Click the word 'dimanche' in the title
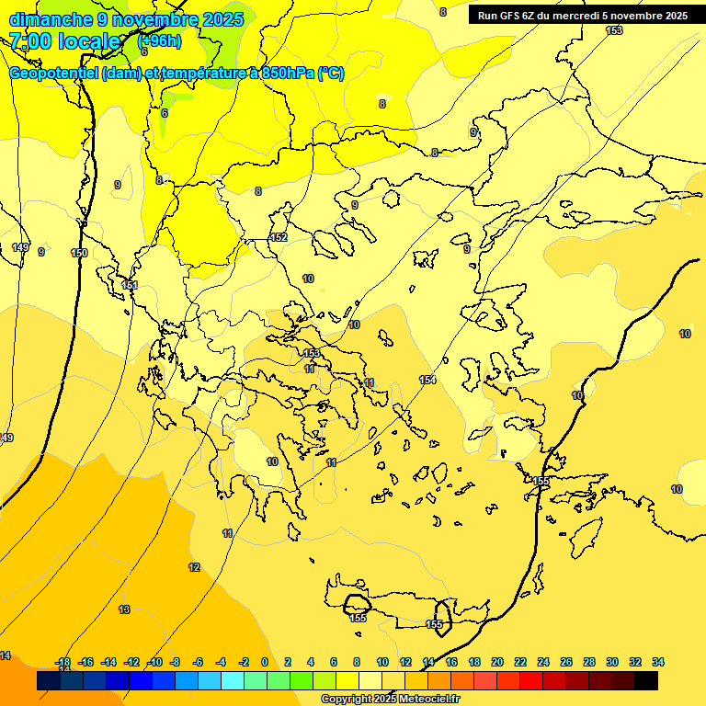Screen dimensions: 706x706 tap(45, 18)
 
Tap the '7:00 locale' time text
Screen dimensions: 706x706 tap(64, 41)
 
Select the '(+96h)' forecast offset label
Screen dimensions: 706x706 tap(159, 40)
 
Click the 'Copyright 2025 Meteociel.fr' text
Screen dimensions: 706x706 tap(390, 699)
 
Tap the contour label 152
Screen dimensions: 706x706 tap(279, 238)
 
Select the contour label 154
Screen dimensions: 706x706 tap(427, 380)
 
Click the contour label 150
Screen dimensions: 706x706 tap(80, 253)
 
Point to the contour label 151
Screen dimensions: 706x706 tap(130, 285)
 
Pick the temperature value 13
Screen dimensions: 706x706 tap(124, 609)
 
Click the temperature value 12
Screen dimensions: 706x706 tap(194, 567)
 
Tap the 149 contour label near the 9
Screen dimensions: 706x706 tap(20, 247)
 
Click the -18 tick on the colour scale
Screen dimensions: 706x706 tap(63, 662)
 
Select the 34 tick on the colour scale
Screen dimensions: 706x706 tap(658, 662)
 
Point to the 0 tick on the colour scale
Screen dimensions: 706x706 tap(265, 662)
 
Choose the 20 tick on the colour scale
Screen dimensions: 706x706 tap(497, 662)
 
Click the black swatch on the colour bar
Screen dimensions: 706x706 tap(646, 681)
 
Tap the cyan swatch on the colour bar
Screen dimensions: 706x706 tap(233, 681)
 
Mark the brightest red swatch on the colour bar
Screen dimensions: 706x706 tap(531, 681)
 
